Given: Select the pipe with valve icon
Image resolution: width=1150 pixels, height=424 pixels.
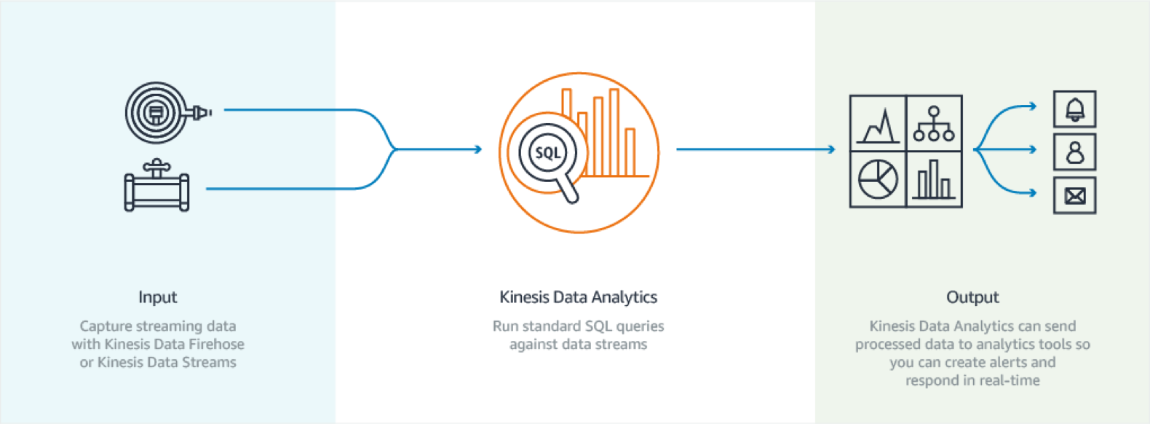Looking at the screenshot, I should pyautogui.click(x=156, y=187).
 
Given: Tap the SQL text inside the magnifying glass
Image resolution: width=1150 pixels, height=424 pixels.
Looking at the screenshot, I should pyautogui.click(x=547, y=153).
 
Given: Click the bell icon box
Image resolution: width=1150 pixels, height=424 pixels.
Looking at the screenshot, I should pyautogui.click(x=1074, y=109).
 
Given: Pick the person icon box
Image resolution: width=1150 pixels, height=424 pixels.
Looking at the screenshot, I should pyautogui.click(x=1074, y=152).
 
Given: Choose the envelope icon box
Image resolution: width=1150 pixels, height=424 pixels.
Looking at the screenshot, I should pyautogui.click(x=1074, y=195).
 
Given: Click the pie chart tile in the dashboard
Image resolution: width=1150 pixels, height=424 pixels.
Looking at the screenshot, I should pyautogui.click(x=878, y=179).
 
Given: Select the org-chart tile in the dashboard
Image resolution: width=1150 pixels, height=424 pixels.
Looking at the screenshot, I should pyautogui.click(x=934, y=124).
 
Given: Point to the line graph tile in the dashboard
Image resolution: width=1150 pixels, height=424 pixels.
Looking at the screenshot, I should pyautogui.click(x=878, y=124).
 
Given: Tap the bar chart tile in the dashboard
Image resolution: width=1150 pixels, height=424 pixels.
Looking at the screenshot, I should pyautogui.click(x=934, y=179).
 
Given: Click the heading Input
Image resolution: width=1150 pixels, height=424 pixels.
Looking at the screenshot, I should pyautogui.click(x=157, y=297).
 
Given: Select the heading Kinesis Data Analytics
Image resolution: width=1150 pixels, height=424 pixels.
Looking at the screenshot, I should pyautogui.click(x=578, y=297).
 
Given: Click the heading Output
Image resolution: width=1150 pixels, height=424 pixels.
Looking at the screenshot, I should pyautogui.click(x=972, y=297).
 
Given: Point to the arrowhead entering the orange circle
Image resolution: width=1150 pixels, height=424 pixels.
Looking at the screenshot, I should pyautogui.click(x=477, y=149).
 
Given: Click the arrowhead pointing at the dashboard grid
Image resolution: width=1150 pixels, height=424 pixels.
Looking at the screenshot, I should pyautogui.click(x=831, y=149).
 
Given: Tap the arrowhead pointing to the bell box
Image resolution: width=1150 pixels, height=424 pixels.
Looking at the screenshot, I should pyautogui.click(x=1032, y=106).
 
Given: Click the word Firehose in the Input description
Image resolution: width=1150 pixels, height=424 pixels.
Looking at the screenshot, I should pyautogui.click(x=216, y=344).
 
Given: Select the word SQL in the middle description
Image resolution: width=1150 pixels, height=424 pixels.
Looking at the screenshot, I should pyautogui.click(x=598, y=326).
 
